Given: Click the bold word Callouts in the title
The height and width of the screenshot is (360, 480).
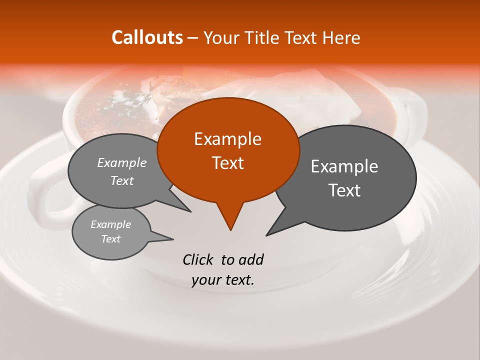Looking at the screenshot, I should pos(147,37).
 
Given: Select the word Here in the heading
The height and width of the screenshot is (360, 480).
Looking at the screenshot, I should pos(341,37).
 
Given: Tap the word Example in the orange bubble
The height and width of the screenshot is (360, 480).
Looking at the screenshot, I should pos(227,139).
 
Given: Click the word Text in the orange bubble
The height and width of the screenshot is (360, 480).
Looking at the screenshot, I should pos(227,163).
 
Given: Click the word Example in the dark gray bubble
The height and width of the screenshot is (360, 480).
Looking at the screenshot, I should pos(344,166).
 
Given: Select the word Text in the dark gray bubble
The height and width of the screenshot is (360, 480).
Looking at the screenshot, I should pos(344,190).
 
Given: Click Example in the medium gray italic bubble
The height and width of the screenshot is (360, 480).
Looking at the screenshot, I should pos(122,163).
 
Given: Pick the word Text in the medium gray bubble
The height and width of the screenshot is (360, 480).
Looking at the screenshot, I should pos(122,180).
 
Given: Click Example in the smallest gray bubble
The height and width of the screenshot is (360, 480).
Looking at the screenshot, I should pos(110,224).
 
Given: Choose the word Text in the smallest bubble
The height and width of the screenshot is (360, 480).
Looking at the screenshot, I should pos(110,239).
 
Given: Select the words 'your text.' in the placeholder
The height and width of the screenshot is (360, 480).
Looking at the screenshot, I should pos(223,280).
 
